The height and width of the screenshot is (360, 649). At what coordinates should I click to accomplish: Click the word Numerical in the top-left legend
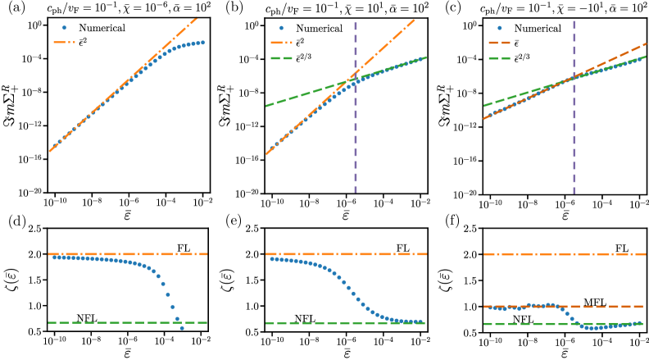tap(102, 28)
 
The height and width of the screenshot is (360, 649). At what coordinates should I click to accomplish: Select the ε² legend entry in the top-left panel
tap(83, 40)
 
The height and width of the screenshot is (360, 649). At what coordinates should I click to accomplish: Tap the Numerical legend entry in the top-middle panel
tap(319, 28)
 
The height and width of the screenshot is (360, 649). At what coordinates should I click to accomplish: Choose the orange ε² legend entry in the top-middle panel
tap(300, 42)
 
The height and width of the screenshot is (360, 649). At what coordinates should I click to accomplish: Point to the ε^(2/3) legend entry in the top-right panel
tap(524, 58)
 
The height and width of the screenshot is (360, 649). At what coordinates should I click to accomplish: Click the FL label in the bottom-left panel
tap(184, 248)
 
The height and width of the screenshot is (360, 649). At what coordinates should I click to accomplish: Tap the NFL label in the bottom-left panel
tap(87, 318)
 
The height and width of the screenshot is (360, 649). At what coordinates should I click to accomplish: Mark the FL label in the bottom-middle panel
tap(402, 248)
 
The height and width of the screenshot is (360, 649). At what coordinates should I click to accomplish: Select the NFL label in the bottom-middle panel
tap(305, 319)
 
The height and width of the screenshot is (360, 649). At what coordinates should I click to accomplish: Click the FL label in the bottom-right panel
tap(622, 248)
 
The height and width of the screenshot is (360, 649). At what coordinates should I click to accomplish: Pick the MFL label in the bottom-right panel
tap(595, 303)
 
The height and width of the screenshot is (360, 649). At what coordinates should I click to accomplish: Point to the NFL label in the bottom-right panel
tap(523, 320)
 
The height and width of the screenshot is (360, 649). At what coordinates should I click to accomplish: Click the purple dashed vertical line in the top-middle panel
tap(356, 123)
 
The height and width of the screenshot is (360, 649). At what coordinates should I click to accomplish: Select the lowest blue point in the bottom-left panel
tap(182, 328)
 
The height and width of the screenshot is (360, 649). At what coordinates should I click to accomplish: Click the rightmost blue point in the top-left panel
tap(202, 42)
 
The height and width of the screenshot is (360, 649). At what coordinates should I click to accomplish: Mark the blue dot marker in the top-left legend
tap(64, 28)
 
